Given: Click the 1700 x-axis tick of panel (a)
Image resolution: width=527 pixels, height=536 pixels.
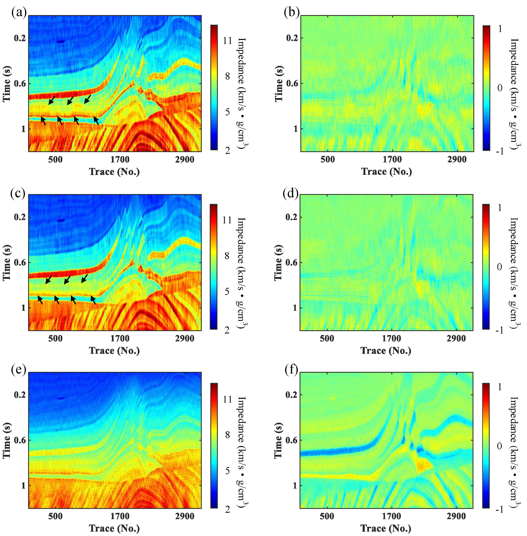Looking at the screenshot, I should point(120,160).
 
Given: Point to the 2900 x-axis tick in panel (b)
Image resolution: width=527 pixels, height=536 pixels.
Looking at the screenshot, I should point(457,160).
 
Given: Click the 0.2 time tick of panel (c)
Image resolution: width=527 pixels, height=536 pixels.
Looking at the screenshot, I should point(20,217).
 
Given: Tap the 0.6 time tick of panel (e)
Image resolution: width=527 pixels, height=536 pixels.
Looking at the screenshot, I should point(20,440).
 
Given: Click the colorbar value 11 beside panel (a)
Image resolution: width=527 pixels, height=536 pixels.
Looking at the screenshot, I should point(227,41).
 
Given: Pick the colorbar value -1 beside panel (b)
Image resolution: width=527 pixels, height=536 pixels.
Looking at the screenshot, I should point(500,151).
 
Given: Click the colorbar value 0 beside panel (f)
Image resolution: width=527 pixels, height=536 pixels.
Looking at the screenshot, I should point(500,446).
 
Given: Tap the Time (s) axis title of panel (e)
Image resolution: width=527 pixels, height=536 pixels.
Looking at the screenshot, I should point(7,440).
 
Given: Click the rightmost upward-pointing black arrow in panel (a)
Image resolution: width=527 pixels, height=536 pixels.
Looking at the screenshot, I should point(96,121).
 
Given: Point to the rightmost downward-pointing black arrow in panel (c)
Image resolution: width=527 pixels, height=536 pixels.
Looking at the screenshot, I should point(85,279).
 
